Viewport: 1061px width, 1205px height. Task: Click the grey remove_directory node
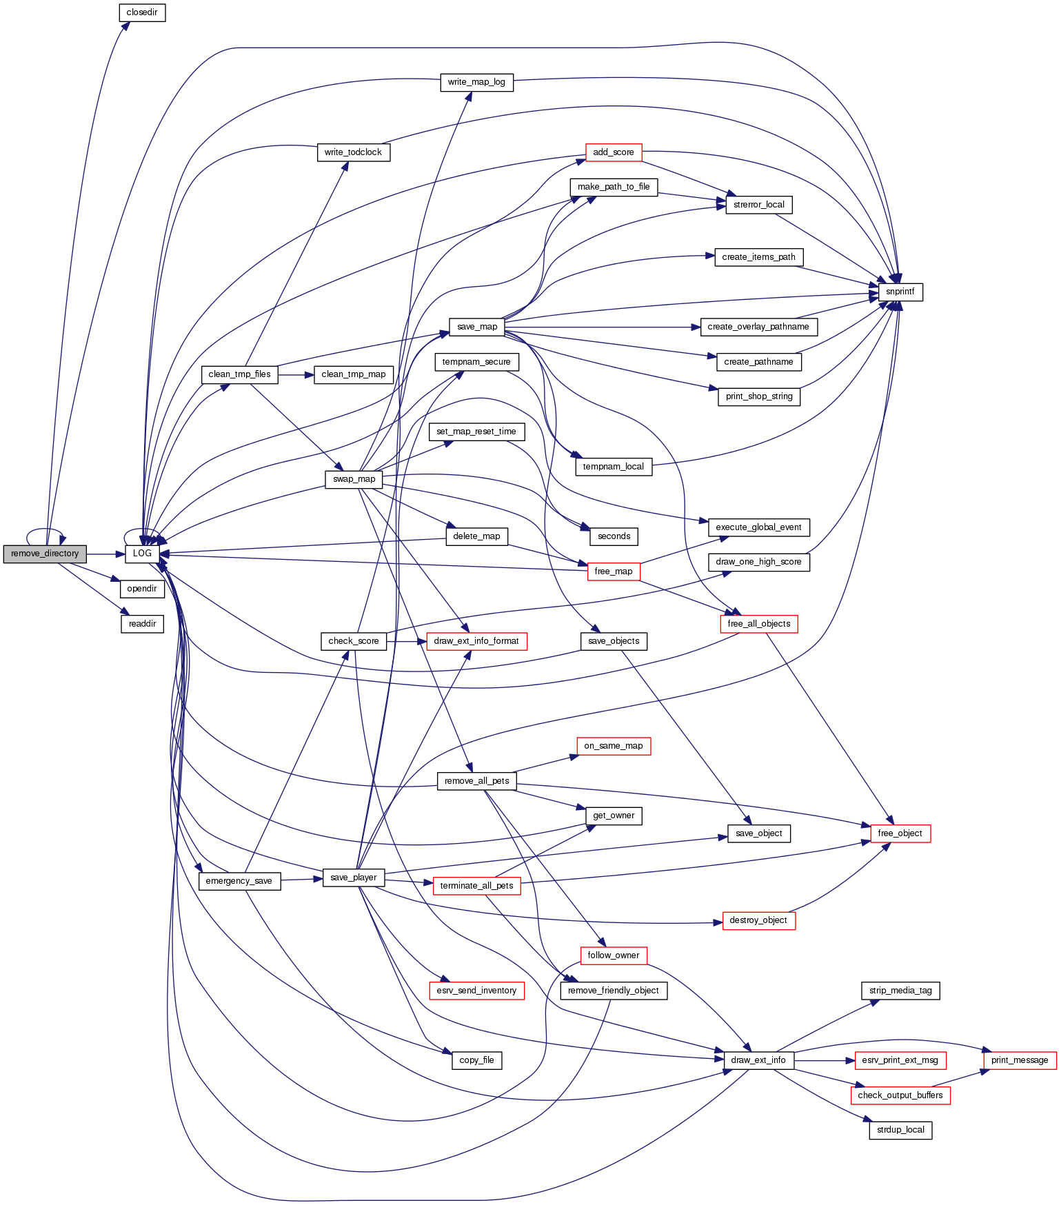coord(45,554)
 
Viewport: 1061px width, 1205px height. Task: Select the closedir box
coord(142,12)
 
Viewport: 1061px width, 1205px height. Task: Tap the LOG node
coord(142,554)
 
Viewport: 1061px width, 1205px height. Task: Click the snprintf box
coord(900,292)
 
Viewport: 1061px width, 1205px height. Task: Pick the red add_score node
coord(613,152)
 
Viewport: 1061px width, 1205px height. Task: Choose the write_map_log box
coord(476,82)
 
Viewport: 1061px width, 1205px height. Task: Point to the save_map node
coord(476,327)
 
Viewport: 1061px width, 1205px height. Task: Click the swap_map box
coord(354,479)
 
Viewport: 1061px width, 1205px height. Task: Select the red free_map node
coord(613,571)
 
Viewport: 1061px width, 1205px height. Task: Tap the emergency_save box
coord(239,881)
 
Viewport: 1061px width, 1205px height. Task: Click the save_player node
coord(354,878)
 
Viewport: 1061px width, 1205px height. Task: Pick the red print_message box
coord(1019,1060)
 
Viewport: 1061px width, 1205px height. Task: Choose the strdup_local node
coord(900,1131)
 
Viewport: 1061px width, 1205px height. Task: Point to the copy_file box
coord(476,1060)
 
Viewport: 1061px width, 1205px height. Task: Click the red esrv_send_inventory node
coord(476,991)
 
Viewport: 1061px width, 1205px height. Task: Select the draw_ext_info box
coord(758,1060)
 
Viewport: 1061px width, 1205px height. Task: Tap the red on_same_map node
coord(613,746)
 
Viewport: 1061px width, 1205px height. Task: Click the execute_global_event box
coord(758,527)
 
